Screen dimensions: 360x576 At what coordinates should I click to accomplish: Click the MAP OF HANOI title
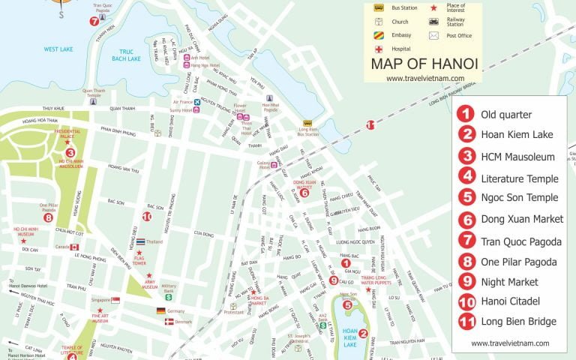pos(424,64)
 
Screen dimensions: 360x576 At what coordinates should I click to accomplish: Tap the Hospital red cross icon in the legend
pos(379,49)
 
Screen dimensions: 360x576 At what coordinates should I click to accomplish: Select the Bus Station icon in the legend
pos(379,8)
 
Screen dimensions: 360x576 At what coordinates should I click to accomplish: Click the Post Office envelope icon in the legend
pos(433,35)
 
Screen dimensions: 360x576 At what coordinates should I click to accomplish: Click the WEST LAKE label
pos(58,49)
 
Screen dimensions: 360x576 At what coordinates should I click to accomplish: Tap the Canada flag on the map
pos(74,247)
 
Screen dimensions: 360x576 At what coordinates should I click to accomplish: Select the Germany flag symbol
pos(160,310)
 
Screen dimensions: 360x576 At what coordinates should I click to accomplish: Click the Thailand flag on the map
pos(141,242)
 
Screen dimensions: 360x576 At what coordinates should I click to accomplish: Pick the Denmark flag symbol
pos(169,321)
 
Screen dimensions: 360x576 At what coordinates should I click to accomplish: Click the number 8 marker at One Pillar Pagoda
pos(48,218)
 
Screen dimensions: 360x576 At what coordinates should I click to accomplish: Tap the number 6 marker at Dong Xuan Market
pos(304,193)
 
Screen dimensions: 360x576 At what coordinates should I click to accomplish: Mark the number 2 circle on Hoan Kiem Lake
pos(363,334)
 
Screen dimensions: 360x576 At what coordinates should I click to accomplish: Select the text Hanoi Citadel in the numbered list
pos(510,301)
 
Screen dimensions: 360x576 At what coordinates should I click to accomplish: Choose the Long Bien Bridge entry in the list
pos(518,322)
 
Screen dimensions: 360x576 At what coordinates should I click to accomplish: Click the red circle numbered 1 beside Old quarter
pos(466,115)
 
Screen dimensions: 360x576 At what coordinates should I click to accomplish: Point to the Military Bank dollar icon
pos(169,297)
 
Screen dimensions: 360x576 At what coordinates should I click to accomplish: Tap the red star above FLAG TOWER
pos(139,253)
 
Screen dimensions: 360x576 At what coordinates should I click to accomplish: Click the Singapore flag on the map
pos(115,300)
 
